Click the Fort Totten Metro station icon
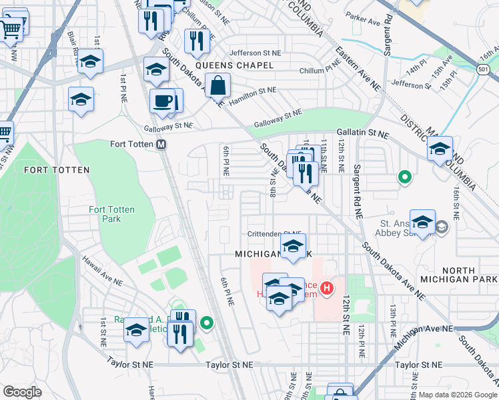161,145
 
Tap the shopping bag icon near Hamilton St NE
218,86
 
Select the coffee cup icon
162,102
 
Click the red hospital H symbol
327,289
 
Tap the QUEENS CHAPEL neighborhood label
243,65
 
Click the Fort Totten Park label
112,214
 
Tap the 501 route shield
483,69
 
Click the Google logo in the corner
22,392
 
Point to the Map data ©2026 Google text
458,395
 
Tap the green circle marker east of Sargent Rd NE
404,177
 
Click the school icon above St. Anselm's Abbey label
422,221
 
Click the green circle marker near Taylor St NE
207,324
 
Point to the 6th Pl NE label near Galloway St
227,161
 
